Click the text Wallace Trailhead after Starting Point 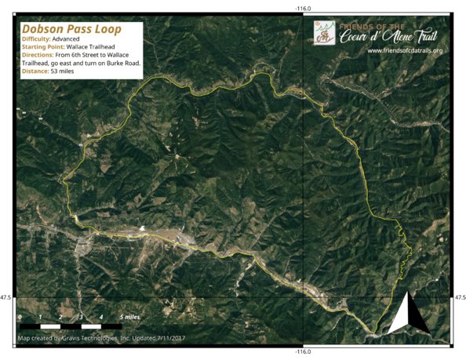[99, 47]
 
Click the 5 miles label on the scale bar [130, 316]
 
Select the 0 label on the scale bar [20, 316]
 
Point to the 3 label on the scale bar [81, 316]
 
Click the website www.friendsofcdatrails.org [404, 51]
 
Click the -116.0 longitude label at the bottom [304, 352]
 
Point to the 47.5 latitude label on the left [6, 297]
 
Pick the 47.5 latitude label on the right [460, 297]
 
